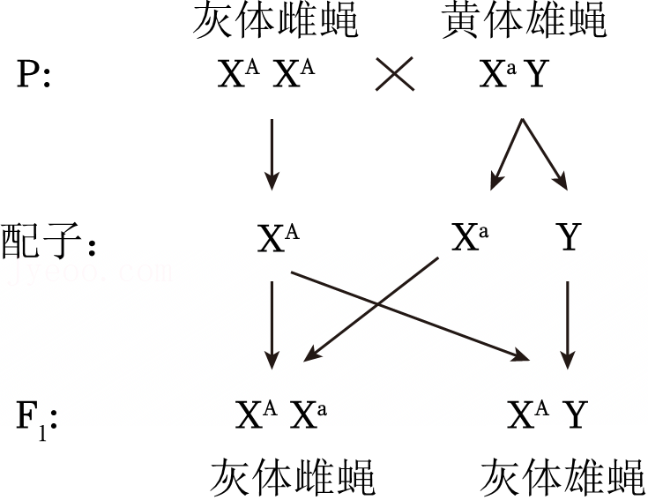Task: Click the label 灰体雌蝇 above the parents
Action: point(276,20)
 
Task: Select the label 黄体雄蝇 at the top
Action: point(524,20)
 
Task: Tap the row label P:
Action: point(34,74)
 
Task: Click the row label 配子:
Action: point(48,241)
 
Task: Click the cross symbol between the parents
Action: point(395,73)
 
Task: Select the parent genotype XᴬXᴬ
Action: point(266,73)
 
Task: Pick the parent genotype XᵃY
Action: point(514,73)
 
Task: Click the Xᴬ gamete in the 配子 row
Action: point(278,237)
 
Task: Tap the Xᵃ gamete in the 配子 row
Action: point(470,237)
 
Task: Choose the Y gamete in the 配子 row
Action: point(569,237)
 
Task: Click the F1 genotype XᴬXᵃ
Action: point(281,414)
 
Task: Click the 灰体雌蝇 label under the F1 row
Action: point(293,477)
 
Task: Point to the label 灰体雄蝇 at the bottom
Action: point(562,477)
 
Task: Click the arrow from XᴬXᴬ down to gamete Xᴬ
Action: point(272,155)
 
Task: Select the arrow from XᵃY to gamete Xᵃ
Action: point(507,155)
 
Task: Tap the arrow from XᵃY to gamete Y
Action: point(545,155)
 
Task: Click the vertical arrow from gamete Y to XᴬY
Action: point(568,325)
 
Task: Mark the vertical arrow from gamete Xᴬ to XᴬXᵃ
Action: point(272,325)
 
